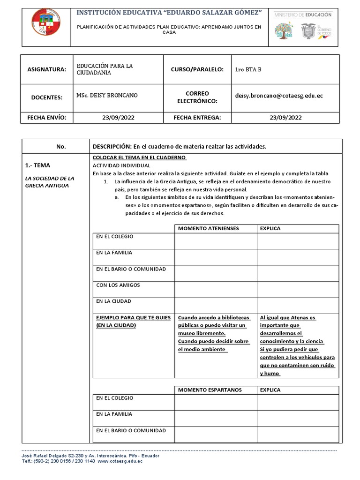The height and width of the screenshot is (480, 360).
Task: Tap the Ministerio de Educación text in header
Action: [309, 15]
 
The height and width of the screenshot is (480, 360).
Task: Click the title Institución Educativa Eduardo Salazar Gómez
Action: [169, 11]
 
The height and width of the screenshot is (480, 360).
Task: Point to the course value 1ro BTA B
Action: [248, 69]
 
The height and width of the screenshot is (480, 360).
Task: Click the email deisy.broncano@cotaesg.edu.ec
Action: [279, 96]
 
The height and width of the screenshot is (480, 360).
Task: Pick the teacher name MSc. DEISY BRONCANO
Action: [107, 96]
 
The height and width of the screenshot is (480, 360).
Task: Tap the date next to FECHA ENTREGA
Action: [285, 117]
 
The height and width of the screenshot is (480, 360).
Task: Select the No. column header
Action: [61, 147]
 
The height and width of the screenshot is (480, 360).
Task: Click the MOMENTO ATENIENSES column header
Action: [208, 228]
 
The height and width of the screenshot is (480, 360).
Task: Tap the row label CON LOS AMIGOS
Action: [118, 285]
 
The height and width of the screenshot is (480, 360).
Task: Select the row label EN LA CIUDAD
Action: [113, 301]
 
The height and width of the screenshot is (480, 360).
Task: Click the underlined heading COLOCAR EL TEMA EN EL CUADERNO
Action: [140, 157]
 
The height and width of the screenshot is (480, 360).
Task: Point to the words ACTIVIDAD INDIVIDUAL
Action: [121, 165]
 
